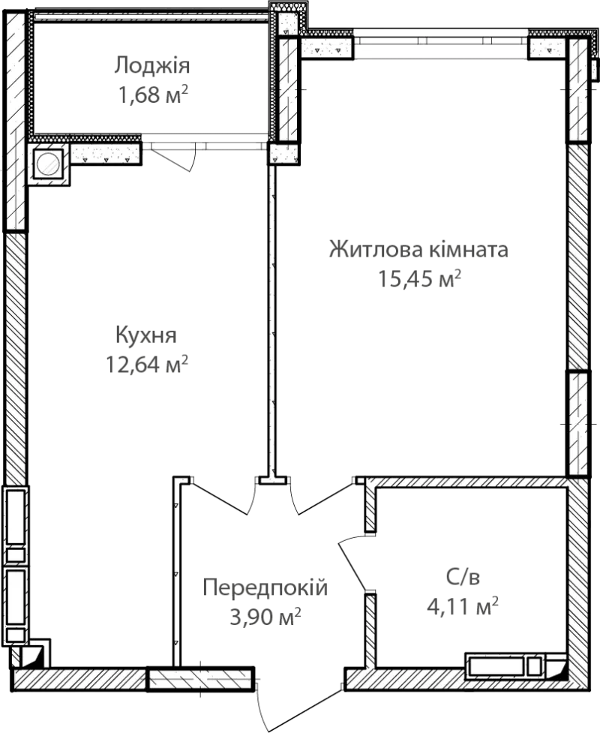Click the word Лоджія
point(151,66)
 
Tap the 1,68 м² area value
point(153,95)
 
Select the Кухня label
point(145,335)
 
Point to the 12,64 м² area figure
point(147,364)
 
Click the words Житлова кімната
point(418,249)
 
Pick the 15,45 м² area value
point(419,278)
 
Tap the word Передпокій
point(265,587)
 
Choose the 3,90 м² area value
point(265,617)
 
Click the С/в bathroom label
point(463,578)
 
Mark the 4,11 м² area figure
point(463,607)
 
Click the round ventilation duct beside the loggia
point(48,164)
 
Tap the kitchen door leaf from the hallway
point(220,498)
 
